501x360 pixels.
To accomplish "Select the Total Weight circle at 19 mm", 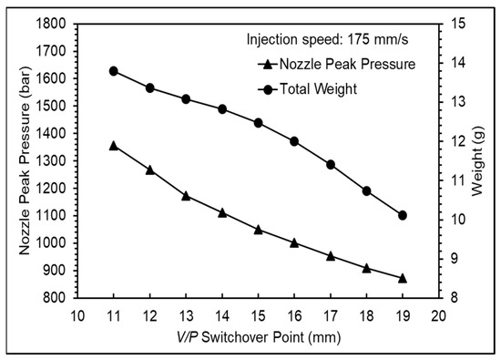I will pos(403,215).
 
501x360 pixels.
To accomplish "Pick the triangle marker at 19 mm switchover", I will pos(403,278).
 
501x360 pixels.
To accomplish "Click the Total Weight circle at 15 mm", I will pos(259,122).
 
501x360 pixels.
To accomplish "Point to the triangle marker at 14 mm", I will pos(222,212).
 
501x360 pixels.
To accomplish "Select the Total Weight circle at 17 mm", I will pos(331,164).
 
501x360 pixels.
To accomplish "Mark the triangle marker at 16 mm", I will pos(294,242).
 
